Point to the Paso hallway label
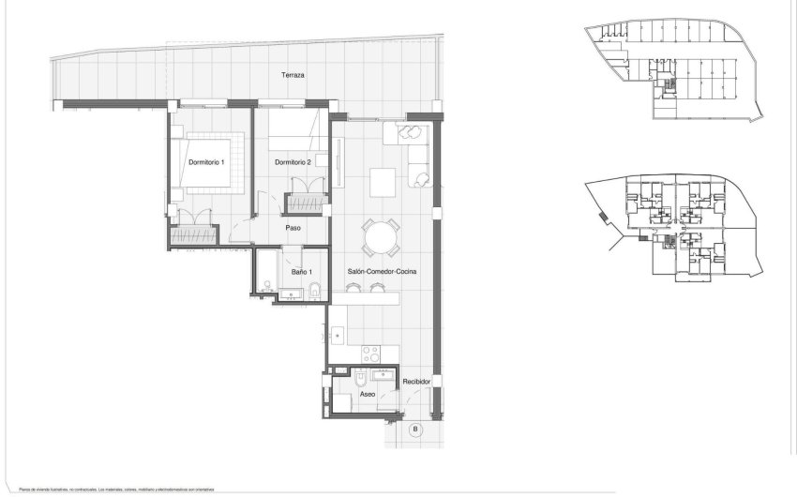[293, 227]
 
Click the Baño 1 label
[301, 272]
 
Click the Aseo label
[368, 395]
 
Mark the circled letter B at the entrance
[415, 429]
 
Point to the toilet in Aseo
[360, 379]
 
